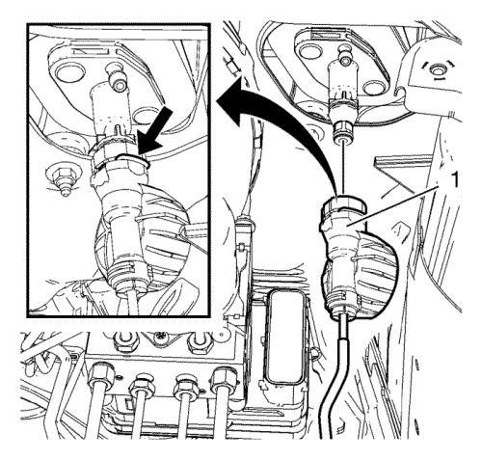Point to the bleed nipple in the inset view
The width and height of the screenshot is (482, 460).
pyautogui.click(x=117, y=79)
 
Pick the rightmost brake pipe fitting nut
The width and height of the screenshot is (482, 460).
pyautogui.click(x=224, y=377)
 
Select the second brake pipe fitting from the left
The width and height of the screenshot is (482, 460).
pyautogui.click(x=142, y=383)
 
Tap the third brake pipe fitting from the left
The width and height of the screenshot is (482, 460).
pyautogui.click(x=185, y=384)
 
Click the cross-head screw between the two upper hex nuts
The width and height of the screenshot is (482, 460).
pyautogui.click(x=160, y=338)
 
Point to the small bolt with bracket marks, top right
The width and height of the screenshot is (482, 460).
pyautogui.click(x=437, y=70)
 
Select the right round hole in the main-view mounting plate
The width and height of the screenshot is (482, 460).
pyautogui.click(x=374, y=88)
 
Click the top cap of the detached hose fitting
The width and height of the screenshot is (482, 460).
pyautogui.click(x=345, y=206)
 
